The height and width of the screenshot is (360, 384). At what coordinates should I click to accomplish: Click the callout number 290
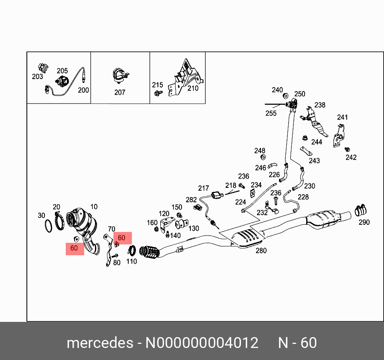click(364, 222)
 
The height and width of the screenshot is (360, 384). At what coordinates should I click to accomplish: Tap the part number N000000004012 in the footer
click(202, 343)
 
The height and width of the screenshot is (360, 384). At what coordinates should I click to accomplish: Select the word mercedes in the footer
click(100, 343)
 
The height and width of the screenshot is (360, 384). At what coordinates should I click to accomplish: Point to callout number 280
click(261, 250)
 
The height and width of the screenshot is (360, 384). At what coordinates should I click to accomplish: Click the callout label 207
click(119, 92)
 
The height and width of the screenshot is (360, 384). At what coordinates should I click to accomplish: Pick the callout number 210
click(193, 88)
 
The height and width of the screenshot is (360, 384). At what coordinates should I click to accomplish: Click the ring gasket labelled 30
click(48, 226)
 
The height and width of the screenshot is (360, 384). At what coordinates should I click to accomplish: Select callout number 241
click(342, 117)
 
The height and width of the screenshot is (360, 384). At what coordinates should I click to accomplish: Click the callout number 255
click(271, 113)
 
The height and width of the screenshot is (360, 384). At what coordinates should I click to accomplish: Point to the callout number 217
click(204, 188)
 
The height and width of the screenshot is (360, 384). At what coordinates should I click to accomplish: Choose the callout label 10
click(94, 207)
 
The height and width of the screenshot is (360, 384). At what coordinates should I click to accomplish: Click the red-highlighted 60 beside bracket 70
click(122, 238)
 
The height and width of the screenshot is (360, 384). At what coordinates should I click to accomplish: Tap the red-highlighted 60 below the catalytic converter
click(74, 248)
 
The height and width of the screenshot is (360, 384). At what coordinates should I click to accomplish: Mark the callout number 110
click(131, 261)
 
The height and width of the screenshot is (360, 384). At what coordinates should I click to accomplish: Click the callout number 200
click(83, 90)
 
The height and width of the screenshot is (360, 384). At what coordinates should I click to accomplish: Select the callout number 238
click(320, 105)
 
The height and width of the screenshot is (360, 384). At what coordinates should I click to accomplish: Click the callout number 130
click(194, 228)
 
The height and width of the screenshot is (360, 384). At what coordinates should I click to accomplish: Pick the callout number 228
click(303, 197)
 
